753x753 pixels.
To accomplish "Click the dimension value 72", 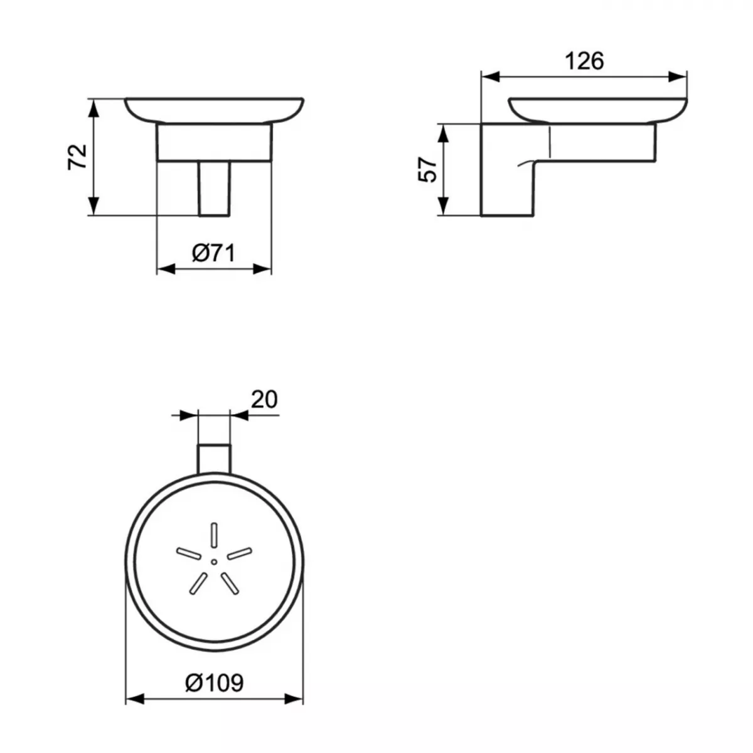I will pos(77,157).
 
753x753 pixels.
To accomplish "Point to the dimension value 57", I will pos(427,169).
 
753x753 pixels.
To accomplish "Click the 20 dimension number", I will pos(264,399).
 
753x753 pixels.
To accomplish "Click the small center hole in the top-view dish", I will pos(215,560).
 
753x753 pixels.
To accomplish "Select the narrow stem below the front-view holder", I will pos(215,188).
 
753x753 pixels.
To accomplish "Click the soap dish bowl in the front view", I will pos(215,109).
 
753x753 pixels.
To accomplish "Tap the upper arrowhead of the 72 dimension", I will pos(93,108).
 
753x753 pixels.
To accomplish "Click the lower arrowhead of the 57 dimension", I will pos(443,206).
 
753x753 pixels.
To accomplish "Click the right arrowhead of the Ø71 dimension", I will pos(262,269).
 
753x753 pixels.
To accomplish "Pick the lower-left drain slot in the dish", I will pos(196,581).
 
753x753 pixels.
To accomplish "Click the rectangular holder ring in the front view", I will pos(215,142).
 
